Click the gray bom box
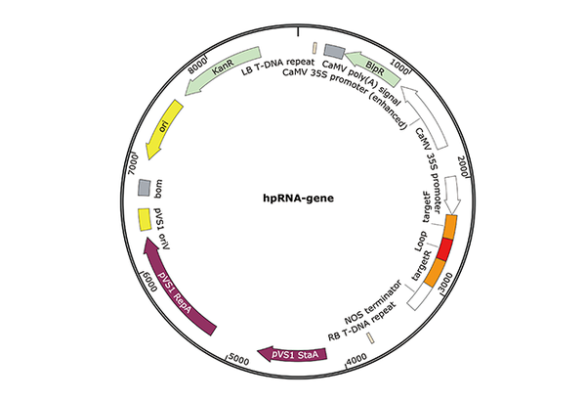[x=144, y=186]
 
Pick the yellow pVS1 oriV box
[x=144, y=217]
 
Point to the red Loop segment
[x=444, y=249]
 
